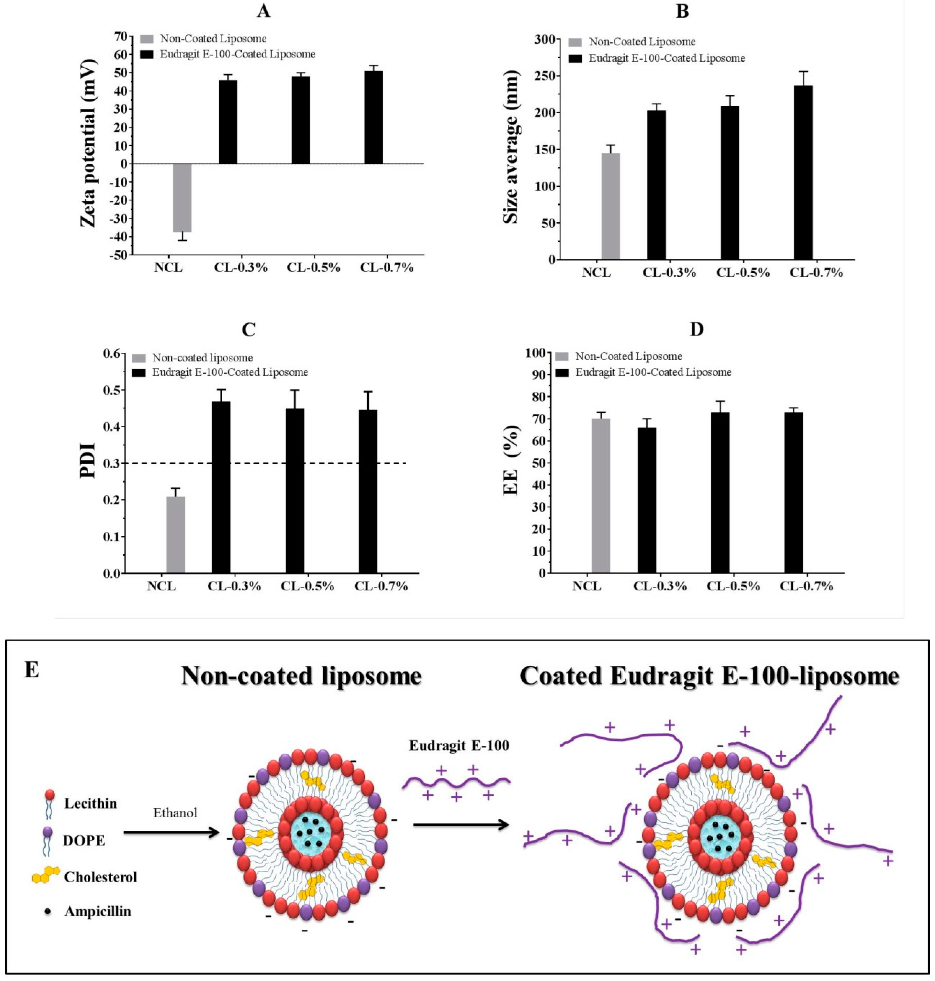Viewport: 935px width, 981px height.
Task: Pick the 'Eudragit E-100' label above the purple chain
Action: tap(459, 745)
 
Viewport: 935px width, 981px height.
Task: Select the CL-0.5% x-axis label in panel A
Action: tap(313, 268)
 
